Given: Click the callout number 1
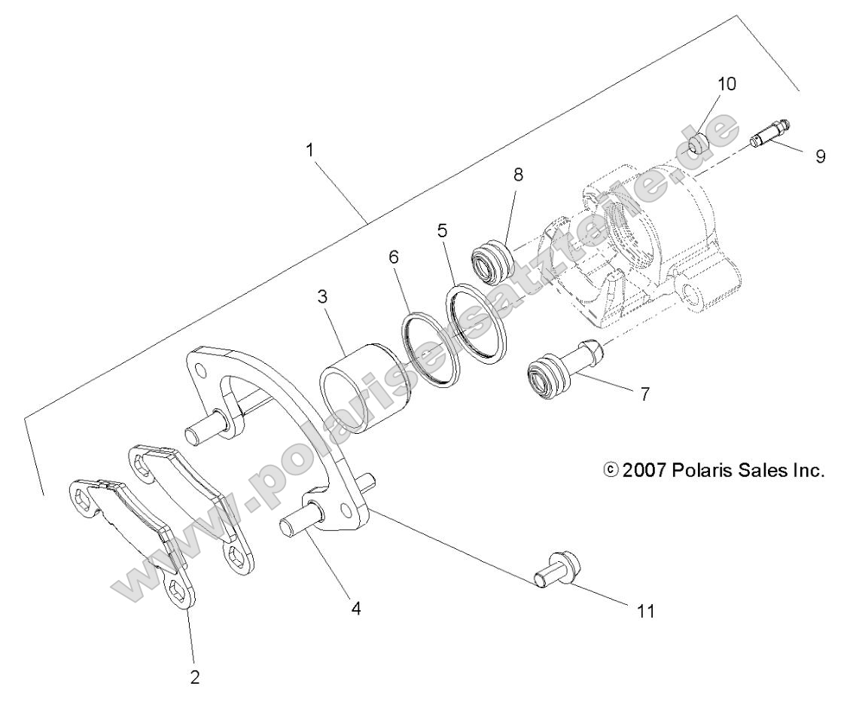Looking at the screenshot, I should (x=310, y=150).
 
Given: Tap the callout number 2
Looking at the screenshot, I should (x=195, y=676).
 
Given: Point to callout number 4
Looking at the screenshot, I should (x=356, y=608).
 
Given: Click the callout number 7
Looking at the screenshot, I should (x=644, y=394).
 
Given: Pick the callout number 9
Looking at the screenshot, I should (x=820, y=157).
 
